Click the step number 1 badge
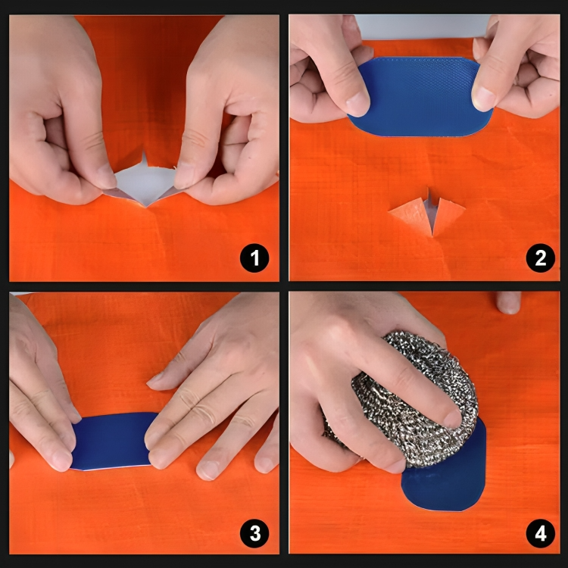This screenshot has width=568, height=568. tap(254, 259)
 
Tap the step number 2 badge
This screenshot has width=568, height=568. tap(540, 259)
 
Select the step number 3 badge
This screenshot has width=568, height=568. tap(254, 534)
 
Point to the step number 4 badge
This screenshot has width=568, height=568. tap(540, 534)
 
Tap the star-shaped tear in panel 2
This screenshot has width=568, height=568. tap(428, 212)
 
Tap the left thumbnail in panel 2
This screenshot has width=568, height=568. tap(357, 103)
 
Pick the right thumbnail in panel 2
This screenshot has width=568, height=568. tap(485, 98)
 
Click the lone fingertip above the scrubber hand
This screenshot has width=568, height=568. tap(509, 301)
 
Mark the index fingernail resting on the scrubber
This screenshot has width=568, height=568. tap(453, 419)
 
